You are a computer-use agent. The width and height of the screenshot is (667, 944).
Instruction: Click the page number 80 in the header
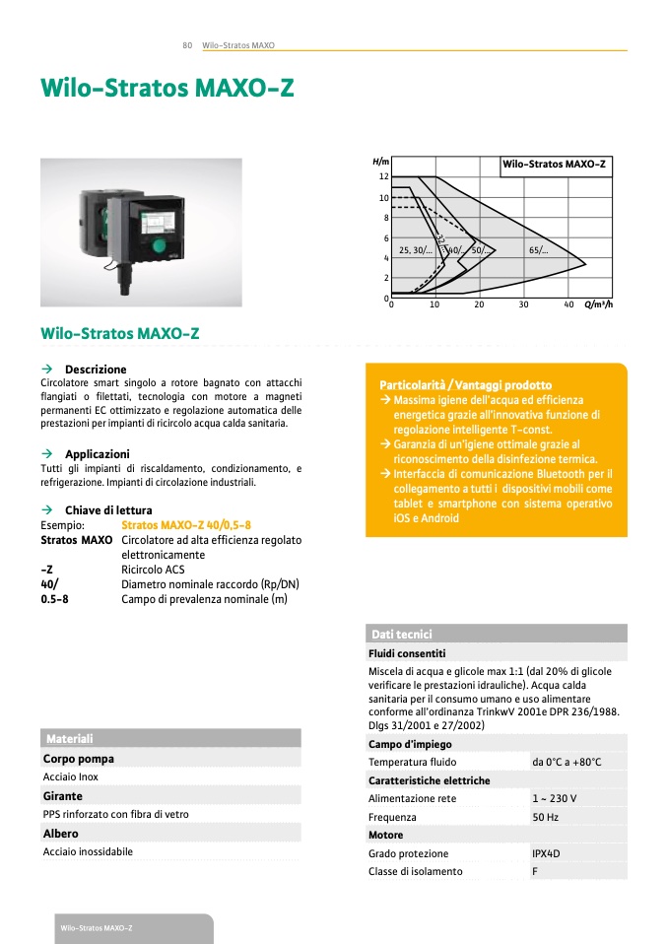coord(186,45)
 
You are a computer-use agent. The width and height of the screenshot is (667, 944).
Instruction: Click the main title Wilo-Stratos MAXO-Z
coord(167,88)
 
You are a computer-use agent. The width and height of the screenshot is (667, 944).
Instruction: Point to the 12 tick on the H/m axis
coord(384,176)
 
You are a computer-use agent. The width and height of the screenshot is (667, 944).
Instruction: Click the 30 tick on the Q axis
coord(524,304)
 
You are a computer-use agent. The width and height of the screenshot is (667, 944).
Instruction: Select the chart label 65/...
coord(539,250)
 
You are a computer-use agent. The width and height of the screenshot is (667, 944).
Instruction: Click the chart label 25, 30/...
coord(415,250)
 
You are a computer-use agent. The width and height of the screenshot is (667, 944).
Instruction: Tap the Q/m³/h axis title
coord(598,304)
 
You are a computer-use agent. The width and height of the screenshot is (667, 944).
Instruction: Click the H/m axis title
coord(381,161)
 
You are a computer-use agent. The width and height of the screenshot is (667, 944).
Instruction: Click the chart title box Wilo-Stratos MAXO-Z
coord(555,164)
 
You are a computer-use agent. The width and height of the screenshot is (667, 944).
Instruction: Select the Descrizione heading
coord(96,370)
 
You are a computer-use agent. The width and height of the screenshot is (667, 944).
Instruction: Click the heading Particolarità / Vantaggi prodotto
coord(465,385)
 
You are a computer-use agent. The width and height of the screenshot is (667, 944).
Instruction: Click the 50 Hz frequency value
coord(545,817)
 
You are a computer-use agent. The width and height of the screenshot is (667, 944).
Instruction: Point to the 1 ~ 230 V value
coord(554,798)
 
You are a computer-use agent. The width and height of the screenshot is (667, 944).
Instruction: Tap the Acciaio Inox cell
coord(71,776)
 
